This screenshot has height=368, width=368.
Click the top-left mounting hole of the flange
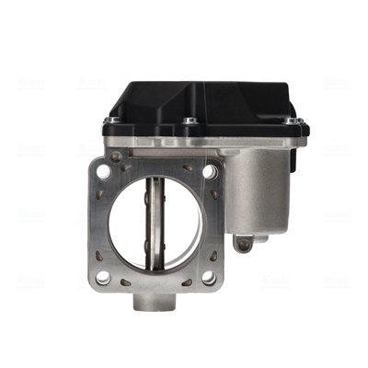coord(103,171)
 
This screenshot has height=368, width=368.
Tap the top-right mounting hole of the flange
coord(210,171)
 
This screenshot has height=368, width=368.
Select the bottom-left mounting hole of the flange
coord(103,277)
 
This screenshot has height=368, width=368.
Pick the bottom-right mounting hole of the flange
coord(209,276)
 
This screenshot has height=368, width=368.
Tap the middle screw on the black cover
coord(190,121)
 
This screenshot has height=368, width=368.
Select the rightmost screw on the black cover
coord(291,121)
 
